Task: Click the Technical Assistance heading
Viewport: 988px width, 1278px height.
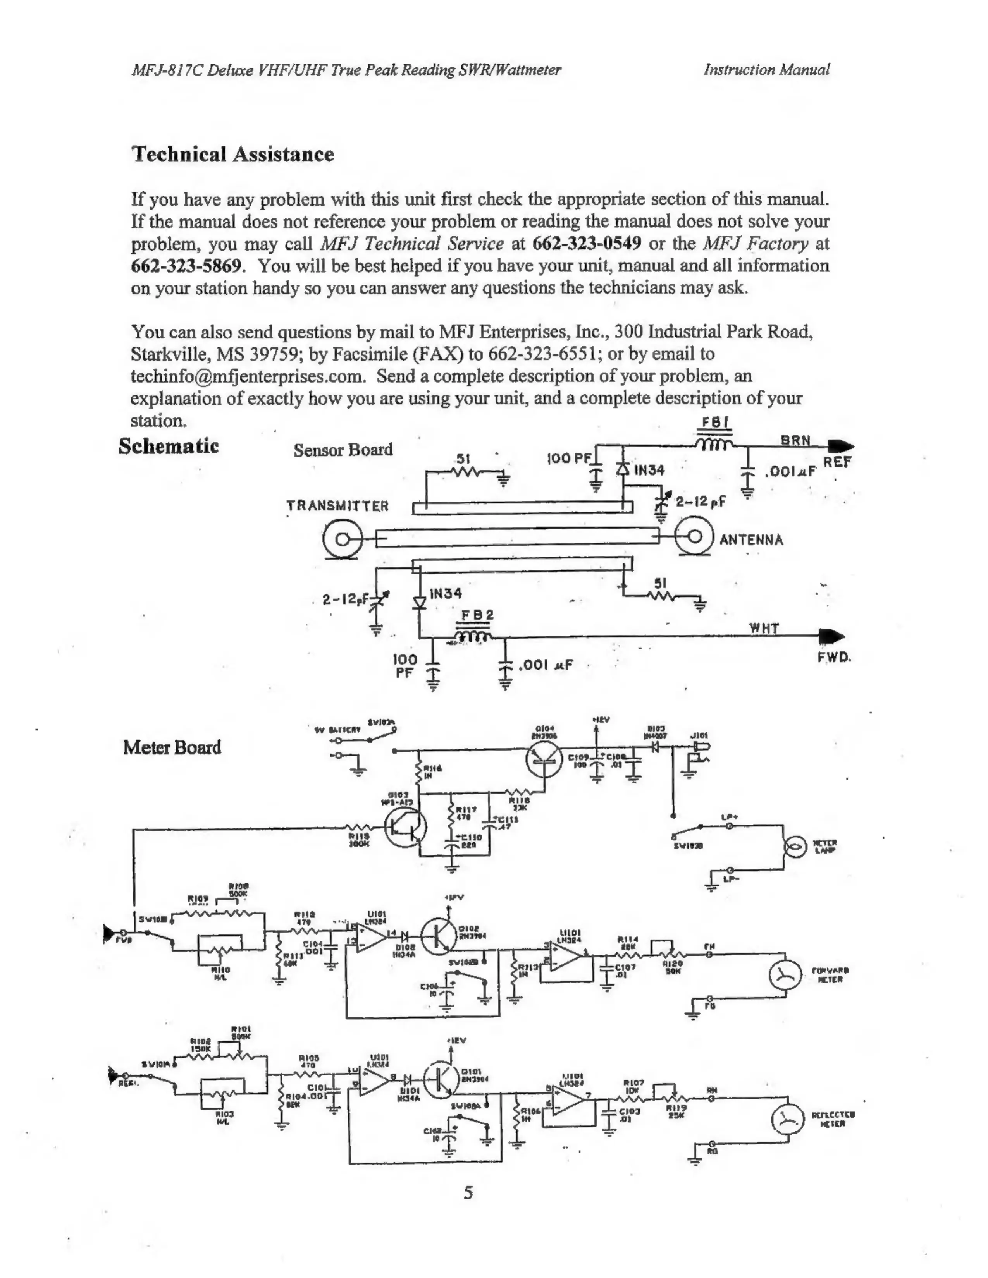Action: pos(232,155)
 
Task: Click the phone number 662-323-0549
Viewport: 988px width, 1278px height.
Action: pos(587,244)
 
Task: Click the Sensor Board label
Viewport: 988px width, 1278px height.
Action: pos(343,450)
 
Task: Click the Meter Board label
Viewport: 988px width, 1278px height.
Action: pos(172,748)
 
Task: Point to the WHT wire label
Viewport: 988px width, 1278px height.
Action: pos(764,629)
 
